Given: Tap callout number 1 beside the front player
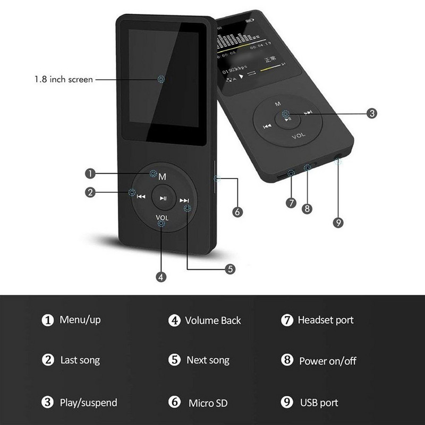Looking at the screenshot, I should click(91, 173).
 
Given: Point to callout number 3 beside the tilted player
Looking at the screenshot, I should click(372, 113).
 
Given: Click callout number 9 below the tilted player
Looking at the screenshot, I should click(338, 222).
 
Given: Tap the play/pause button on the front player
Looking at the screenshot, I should click(163, 198).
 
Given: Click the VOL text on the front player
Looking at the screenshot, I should click(162, 217).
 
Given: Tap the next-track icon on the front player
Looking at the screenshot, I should click(184, 200).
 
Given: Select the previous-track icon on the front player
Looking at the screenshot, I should click(141, 196).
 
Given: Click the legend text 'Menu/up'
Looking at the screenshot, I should click(80, 320).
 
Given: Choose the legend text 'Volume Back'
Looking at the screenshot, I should click(212, 320).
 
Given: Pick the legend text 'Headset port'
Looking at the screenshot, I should click(325, 320).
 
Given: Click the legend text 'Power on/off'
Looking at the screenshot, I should click(327, 361).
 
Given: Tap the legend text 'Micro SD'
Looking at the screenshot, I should click(208, 403).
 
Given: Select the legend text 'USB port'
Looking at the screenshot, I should click(319, 403).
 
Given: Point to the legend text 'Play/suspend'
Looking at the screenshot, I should click(88, 403).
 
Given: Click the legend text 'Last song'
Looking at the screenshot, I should click(80, 360).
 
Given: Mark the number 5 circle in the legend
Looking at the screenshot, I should click(175, 360).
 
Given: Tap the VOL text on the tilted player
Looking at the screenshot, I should click(299, 137).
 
